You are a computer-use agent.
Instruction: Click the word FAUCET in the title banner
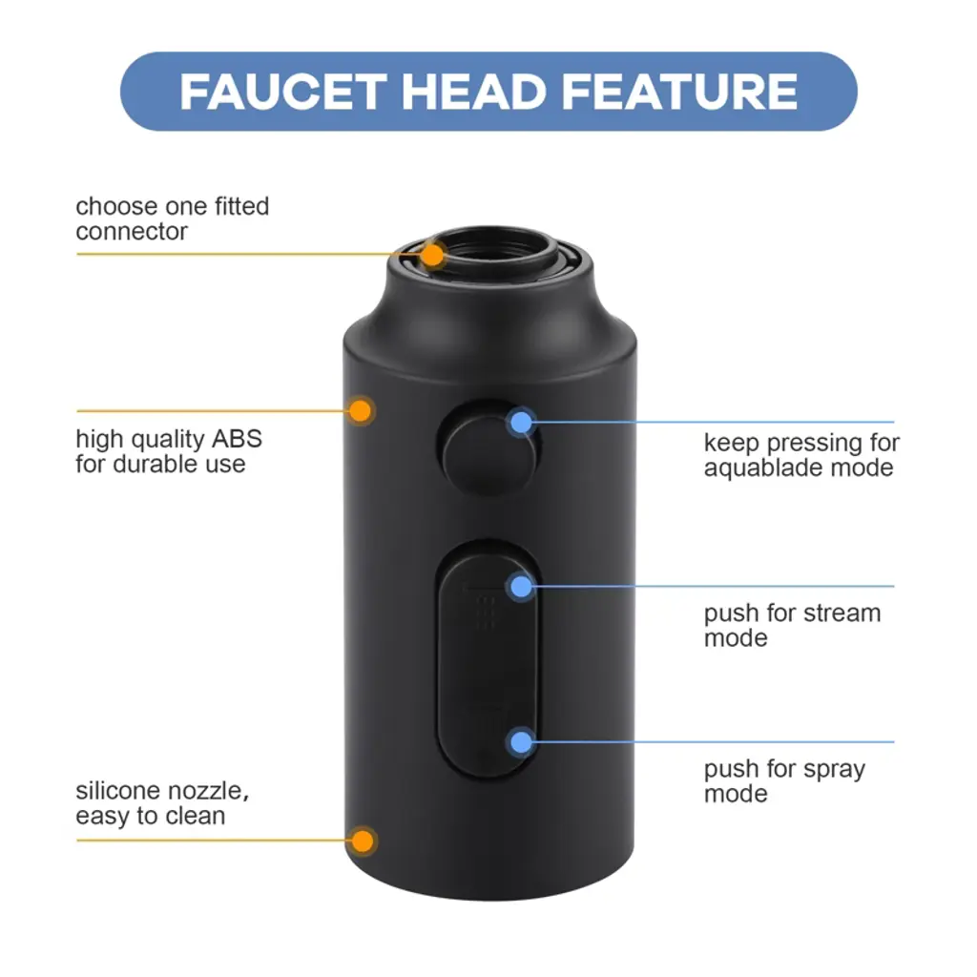point(282,93)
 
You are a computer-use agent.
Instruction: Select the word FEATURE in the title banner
point(679,93)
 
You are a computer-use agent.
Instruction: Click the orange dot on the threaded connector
point(432,255)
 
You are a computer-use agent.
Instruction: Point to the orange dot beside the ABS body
point(360,411)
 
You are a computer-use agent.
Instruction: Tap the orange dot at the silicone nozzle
point(362,842)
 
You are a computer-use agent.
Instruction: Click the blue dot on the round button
point(521,423)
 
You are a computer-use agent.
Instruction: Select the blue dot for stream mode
point(521,587)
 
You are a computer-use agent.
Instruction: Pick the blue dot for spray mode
point(521,742)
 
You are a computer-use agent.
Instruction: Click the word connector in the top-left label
point(132,233)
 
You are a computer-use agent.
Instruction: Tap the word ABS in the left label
point(237,439)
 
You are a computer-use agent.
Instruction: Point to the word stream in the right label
point(842,613)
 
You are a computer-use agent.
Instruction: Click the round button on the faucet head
point(489,447)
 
